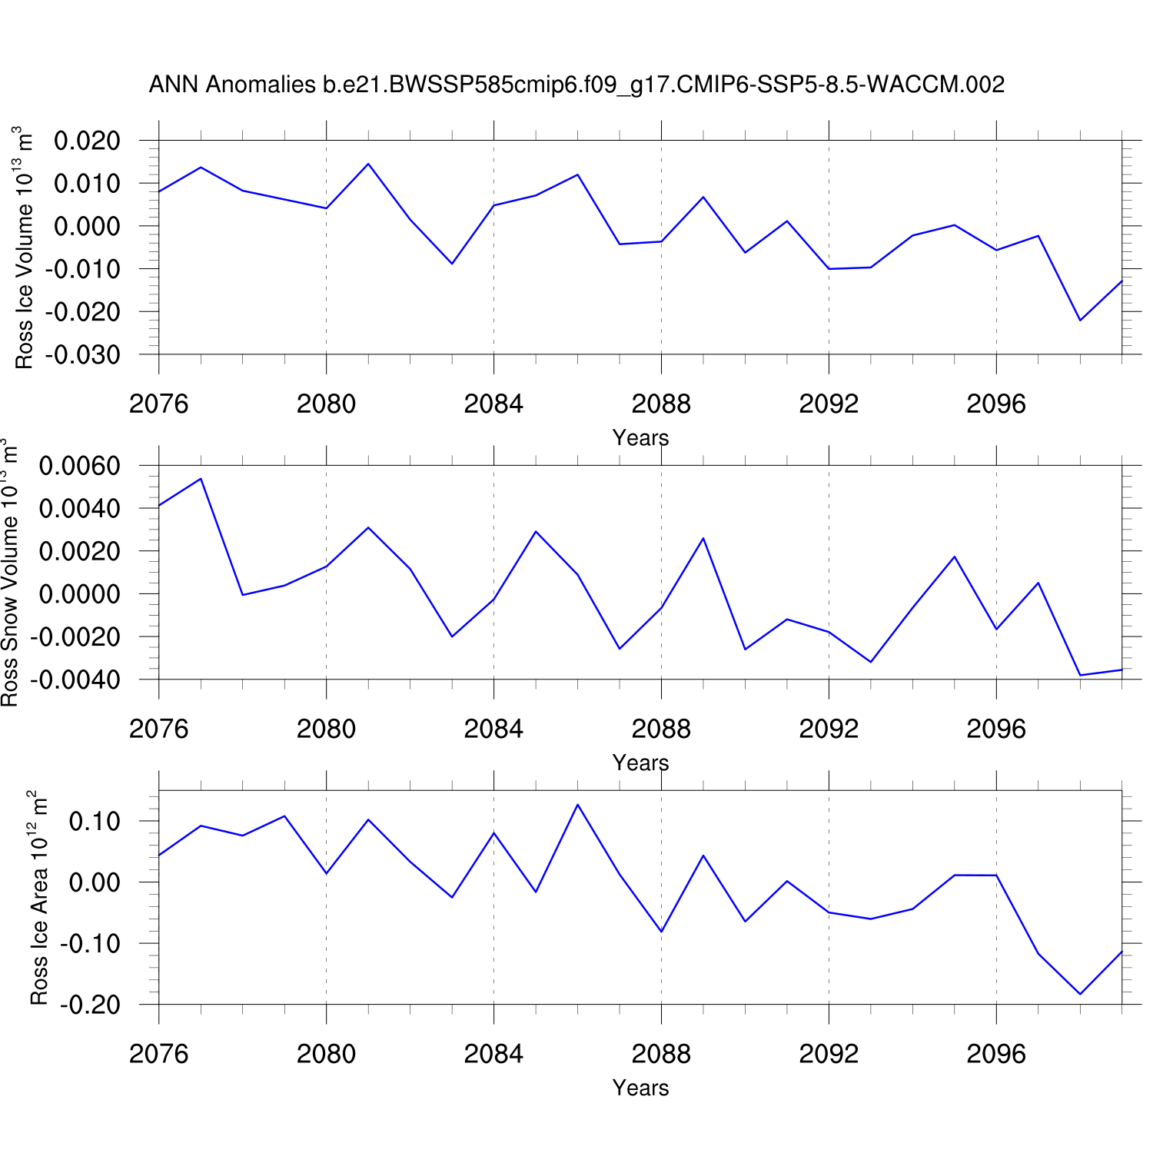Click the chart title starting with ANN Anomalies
[576, 85]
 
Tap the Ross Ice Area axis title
[39, 897]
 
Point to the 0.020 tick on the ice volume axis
[88, 141]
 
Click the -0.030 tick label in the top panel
[83, 355]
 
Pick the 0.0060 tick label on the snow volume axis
[80, 466]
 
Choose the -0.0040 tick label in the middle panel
[75, 680]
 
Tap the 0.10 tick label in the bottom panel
[95, 822]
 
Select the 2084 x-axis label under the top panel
[493, 404]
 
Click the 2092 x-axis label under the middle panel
[829, 729]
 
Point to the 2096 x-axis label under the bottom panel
[996, 1054]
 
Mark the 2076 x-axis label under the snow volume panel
[159, 729]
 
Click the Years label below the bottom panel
[640, 1088]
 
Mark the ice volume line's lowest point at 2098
[1080, 321]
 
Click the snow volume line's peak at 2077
[201, 479]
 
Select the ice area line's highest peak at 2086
[577, 805]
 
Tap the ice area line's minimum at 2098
[1080, 994]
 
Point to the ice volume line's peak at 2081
[368, 164]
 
